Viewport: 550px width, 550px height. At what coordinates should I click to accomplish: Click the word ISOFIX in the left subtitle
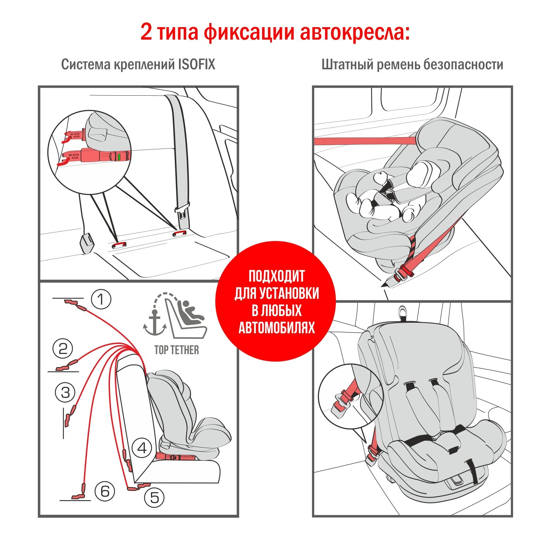(197, 64)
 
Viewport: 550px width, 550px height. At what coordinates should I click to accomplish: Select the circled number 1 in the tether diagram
(101, 299)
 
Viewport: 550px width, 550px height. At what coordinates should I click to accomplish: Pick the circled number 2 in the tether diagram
(63, 348)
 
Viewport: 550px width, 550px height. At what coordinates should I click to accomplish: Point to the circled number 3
(65, 392)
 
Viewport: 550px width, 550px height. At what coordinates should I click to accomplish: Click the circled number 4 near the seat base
(142, 448)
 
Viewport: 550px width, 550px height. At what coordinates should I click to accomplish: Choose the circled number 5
(154, 498)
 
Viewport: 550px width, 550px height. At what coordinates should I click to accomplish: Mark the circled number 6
(105, 491)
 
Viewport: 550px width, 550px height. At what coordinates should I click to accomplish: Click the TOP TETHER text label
(177, 350)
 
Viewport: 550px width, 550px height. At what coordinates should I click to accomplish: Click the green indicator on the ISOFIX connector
(119, 157)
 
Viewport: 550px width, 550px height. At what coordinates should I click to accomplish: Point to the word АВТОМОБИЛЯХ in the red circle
(277, 327)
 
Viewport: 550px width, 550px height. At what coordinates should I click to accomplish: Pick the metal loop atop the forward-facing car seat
(403, 312)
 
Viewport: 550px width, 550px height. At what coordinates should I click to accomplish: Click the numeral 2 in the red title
(146, 32)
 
